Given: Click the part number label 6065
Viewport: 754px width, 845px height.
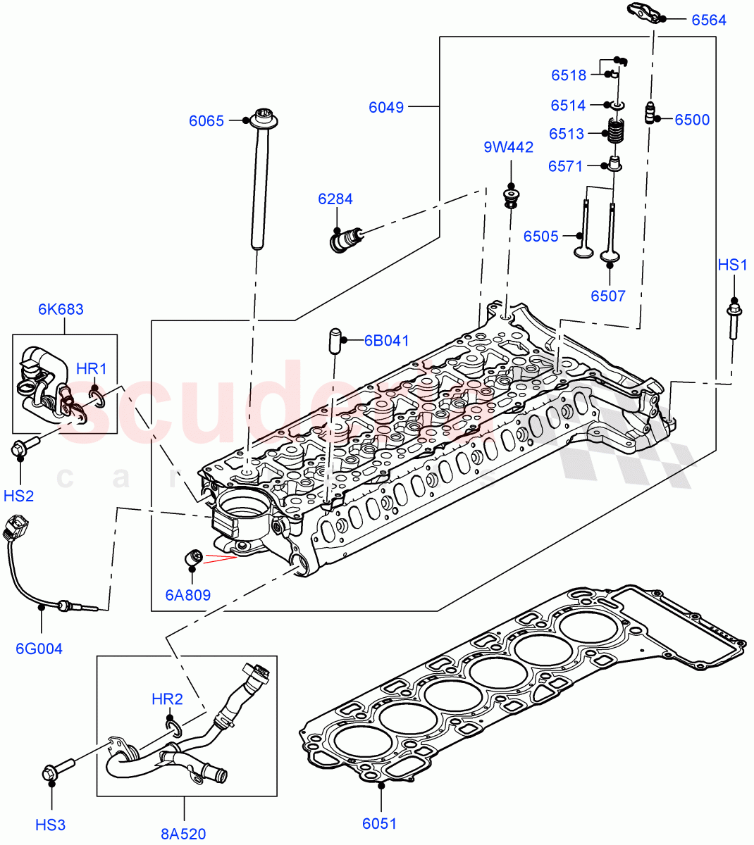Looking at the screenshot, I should pos(206,121).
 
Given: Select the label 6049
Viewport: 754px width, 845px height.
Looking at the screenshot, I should pos(386,107).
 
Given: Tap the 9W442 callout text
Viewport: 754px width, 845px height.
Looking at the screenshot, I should pos(508,147).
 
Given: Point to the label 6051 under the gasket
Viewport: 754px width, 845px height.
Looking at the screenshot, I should pos(379,823).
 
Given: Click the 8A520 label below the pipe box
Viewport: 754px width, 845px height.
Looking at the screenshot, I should pos(183,834).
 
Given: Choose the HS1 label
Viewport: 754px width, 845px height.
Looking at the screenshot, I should pos(732,265).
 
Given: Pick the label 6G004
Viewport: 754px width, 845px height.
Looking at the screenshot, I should pos(39,649).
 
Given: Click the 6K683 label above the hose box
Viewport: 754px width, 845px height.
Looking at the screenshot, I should pos(61,309).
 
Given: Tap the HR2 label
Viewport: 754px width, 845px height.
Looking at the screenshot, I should pos(167,699).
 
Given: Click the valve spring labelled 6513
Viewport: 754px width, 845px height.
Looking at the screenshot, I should pos(617,132).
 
